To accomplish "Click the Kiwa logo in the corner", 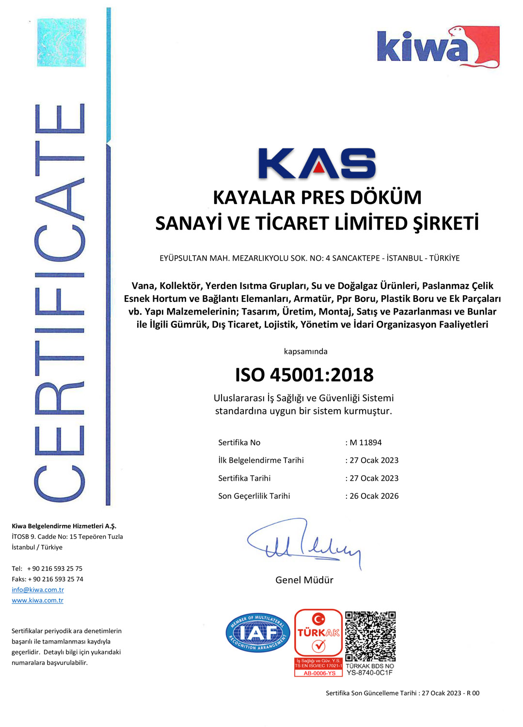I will (438, 47).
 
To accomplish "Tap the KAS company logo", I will (317, 163).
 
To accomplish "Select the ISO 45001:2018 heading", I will (304, 375).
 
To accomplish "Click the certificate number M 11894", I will (365, 443).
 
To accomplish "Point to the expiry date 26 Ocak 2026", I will (374, 496).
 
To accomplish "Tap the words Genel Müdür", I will (304, 580).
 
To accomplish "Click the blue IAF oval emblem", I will (258, 632).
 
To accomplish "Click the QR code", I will (370, 636).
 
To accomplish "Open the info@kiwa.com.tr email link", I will (38, 590).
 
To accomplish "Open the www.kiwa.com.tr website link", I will (38, 601).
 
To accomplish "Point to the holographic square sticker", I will (62, 43).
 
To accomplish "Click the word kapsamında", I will (305, 351).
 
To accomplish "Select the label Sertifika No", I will (239, 443).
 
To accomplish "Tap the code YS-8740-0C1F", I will (369, 673).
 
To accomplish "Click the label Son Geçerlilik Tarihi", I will (254, 496).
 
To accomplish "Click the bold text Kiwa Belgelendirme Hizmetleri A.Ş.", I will (64, 526).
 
